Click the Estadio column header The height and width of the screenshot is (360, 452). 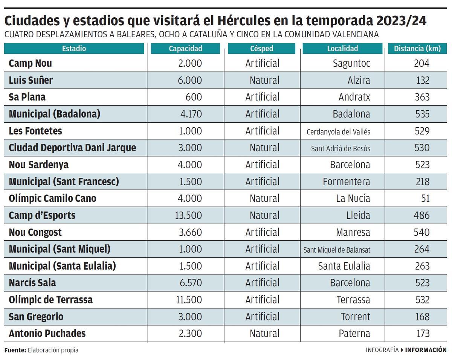point(74,49)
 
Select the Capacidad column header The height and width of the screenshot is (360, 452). point(185,49)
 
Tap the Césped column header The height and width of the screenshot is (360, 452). point(261,49)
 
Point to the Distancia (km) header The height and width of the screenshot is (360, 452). point(417,49)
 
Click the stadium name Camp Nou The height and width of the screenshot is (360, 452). point(30,63)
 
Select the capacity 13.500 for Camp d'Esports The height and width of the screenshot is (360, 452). point(188,215)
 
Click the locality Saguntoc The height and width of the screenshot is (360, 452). point(351,63)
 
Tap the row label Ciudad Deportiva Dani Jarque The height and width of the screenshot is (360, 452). point(72,148)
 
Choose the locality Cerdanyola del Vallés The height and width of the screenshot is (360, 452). point(338,131)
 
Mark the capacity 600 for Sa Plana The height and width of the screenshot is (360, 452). point(194,97)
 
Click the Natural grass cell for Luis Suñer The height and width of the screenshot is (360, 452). point(264,80)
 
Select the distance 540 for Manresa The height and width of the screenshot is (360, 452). point(421,232)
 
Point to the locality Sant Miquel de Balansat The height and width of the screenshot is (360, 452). point(337,249)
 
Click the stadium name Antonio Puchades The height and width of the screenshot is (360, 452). point(47,334)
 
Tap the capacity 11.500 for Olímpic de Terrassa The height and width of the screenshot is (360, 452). point(188,300)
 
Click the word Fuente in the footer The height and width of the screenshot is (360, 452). point(15,350)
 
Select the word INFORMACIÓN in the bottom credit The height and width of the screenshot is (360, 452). point(426,350)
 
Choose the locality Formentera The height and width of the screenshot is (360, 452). point(346,182)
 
